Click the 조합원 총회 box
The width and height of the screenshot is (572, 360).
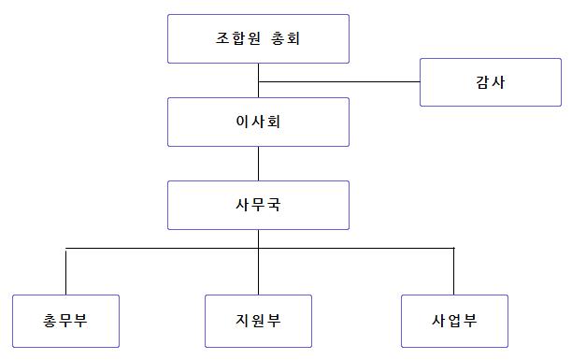coord(258,38)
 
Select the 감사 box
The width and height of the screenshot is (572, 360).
coord(491,82)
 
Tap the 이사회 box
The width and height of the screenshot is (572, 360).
coord(258,122)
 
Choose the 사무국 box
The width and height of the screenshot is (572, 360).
coord(258,205)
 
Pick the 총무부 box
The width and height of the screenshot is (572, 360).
coord(65,321)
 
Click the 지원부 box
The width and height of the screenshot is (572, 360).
coord(258,321)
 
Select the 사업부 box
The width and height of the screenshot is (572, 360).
coord(454,321)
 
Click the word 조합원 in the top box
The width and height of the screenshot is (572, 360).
coord(237,38)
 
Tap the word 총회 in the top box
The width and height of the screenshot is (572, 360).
coord(286,38)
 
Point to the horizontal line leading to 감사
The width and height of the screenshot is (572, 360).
coord(339,81)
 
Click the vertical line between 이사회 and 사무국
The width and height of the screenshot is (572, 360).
coord(258,164)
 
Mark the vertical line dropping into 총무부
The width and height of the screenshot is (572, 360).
coord(65,271)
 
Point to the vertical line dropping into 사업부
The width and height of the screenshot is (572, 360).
coord(454,271)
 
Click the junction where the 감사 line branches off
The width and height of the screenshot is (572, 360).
coord(258,81)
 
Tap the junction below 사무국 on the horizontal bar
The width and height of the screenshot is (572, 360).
coord(258,249)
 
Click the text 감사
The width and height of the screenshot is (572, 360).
coord(491,82)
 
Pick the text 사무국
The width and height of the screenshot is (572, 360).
coord(258,205)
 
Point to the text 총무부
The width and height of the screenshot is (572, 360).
coord(65,321)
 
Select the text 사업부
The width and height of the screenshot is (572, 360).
coord(454,321)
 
